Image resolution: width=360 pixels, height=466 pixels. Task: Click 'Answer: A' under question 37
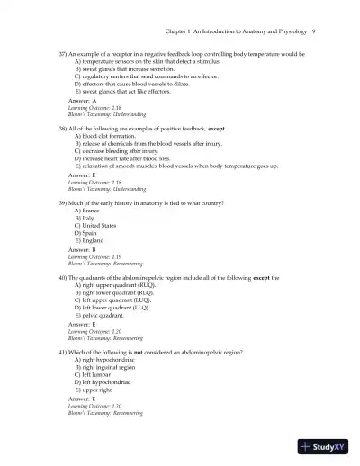[x=83, y=101]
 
